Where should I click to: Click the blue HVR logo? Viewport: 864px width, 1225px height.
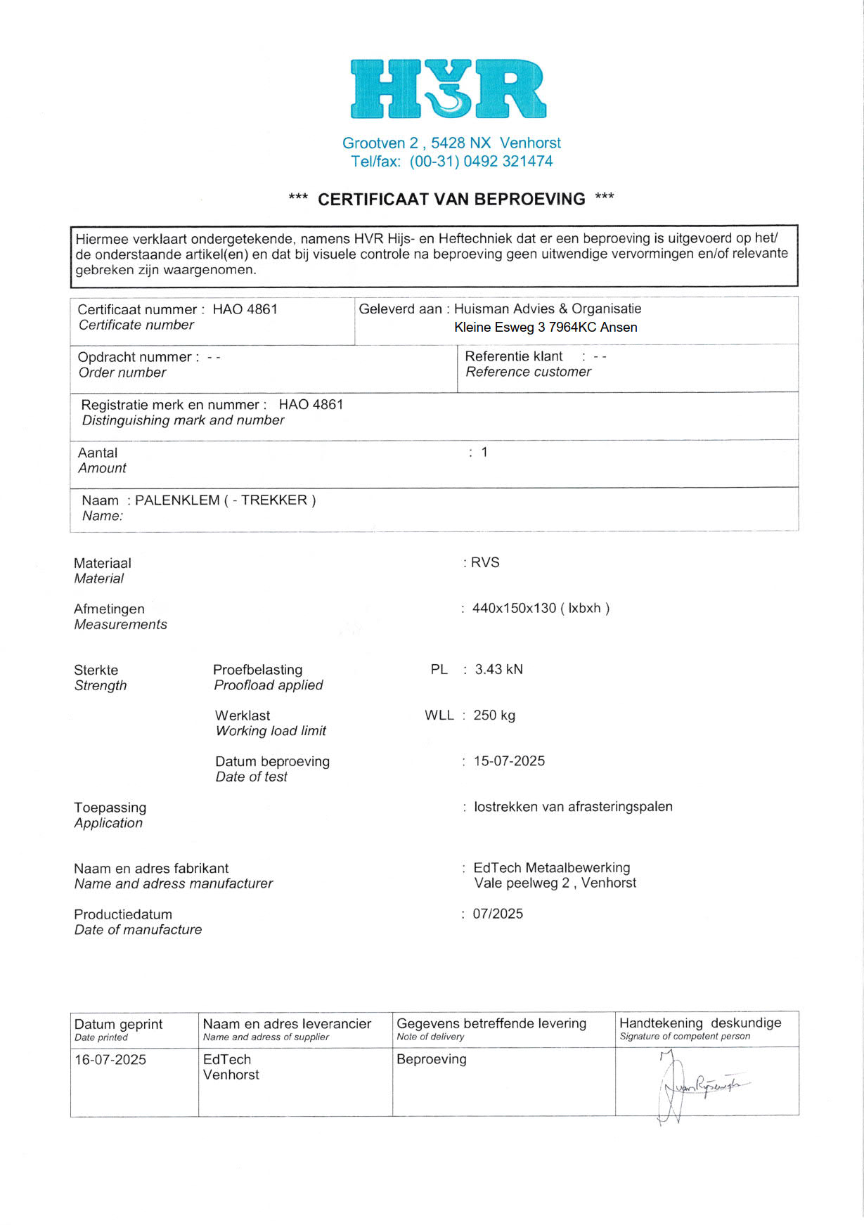click(x=448, y=89)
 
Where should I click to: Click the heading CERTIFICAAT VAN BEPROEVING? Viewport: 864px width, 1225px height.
click(x=451, y=200)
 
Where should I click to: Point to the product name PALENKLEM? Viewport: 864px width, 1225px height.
click(x=177, y=500)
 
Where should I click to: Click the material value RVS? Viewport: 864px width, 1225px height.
click(x=485, y=563)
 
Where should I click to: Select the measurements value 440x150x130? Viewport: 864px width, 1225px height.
click(x=514, y=609)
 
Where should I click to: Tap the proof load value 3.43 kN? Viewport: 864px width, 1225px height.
click(x=498, y=670)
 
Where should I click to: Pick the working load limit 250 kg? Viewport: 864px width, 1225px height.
click(x=494, y=715)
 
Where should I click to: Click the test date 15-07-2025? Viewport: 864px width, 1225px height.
click(x=509, y=761)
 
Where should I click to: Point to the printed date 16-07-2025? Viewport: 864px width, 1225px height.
click(x=110, y=1060)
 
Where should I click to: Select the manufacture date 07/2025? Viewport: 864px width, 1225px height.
click(x=498, y=914)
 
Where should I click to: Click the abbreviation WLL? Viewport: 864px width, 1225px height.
click(x=439, y=715)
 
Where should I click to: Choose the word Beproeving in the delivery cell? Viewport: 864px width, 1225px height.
click(x=432, y=1060)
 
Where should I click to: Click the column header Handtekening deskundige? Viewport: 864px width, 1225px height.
click(x=700, y=1023)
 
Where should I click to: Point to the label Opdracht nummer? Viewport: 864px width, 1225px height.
click(x=134, y=358)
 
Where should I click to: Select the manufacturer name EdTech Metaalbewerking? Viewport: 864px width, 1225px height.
click(x=552, y=868)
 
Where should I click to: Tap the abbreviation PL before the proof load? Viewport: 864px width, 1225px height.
click(x=439, y=670)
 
